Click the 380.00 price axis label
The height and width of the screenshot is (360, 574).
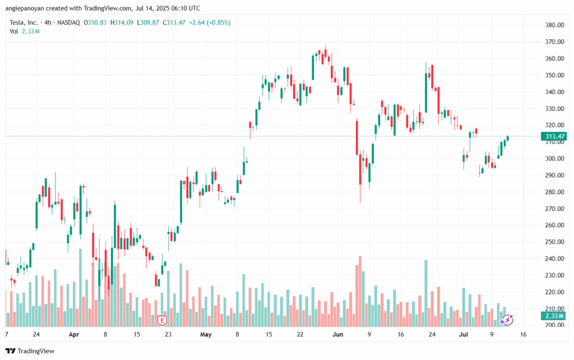(554, 25)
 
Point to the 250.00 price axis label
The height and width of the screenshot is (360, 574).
(554, 242)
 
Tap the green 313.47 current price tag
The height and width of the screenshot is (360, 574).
(554, 136)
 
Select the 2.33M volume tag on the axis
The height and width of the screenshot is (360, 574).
(554, 316)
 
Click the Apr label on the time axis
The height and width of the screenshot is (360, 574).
(74, 334)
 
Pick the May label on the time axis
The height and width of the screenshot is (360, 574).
(206, 334)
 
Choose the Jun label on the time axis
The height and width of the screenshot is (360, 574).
(337, 334)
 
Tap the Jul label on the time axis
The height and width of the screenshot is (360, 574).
(464, 334)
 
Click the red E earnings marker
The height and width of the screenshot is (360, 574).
(162, 320)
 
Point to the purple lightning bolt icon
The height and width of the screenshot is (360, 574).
(507, 320)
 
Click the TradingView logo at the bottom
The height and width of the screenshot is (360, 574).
(30, 351)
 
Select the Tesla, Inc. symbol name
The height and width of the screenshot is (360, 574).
(24, 22)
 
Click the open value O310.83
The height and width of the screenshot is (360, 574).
(95, 22)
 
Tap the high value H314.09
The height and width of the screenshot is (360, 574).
(122, 22)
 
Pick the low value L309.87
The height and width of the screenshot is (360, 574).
(148, 22)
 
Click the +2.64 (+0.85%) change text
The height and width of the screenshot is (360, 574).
(210, 22)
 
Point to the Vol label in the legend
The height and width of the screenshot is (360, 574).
(14, 31)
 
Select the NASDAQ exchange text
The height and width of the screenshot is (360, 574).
(68, 22)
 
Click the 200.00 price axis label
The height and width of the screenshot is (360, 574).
(554, 325)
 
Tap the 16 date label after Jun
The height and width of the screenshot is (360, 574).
(401, 334)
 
